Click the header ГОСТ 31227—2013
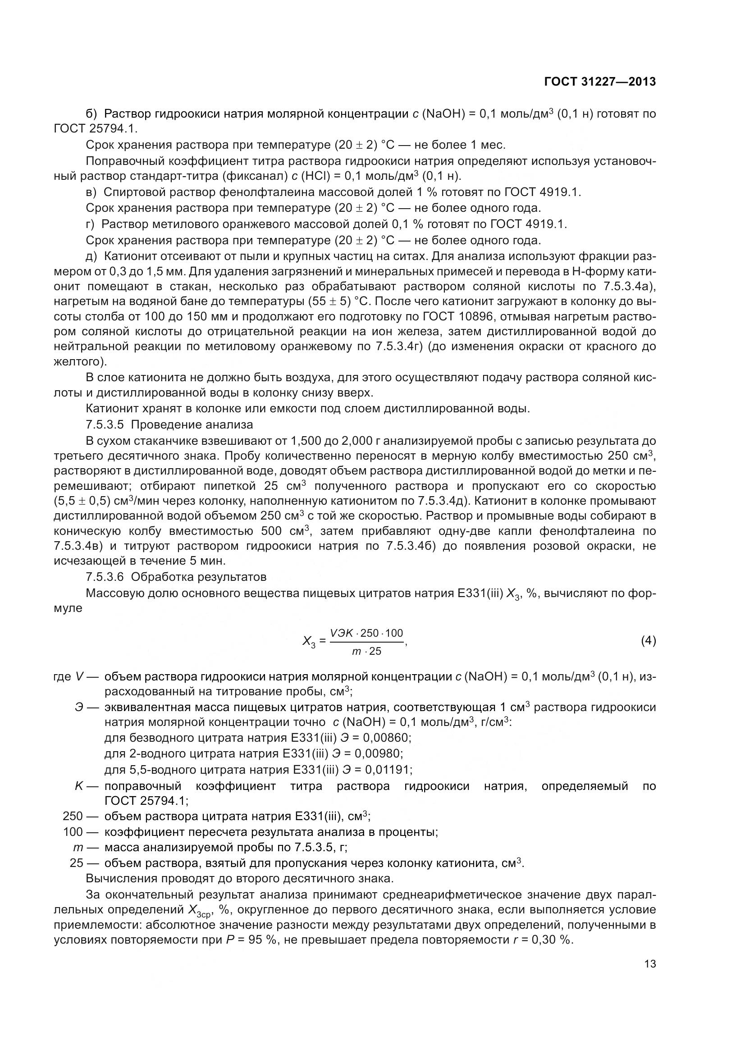click(x=599, y=82)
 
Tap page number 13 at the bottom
click(x=649, y=963)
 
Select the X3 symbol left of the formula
click(x=309, y=641)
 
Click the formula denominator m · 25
click(x=366, y=651)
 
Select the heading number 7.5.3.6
click(x=105, y=577)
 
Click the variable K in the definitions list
click(x=78, y=786)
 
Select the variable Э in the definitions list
click(x=79, y=707)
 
